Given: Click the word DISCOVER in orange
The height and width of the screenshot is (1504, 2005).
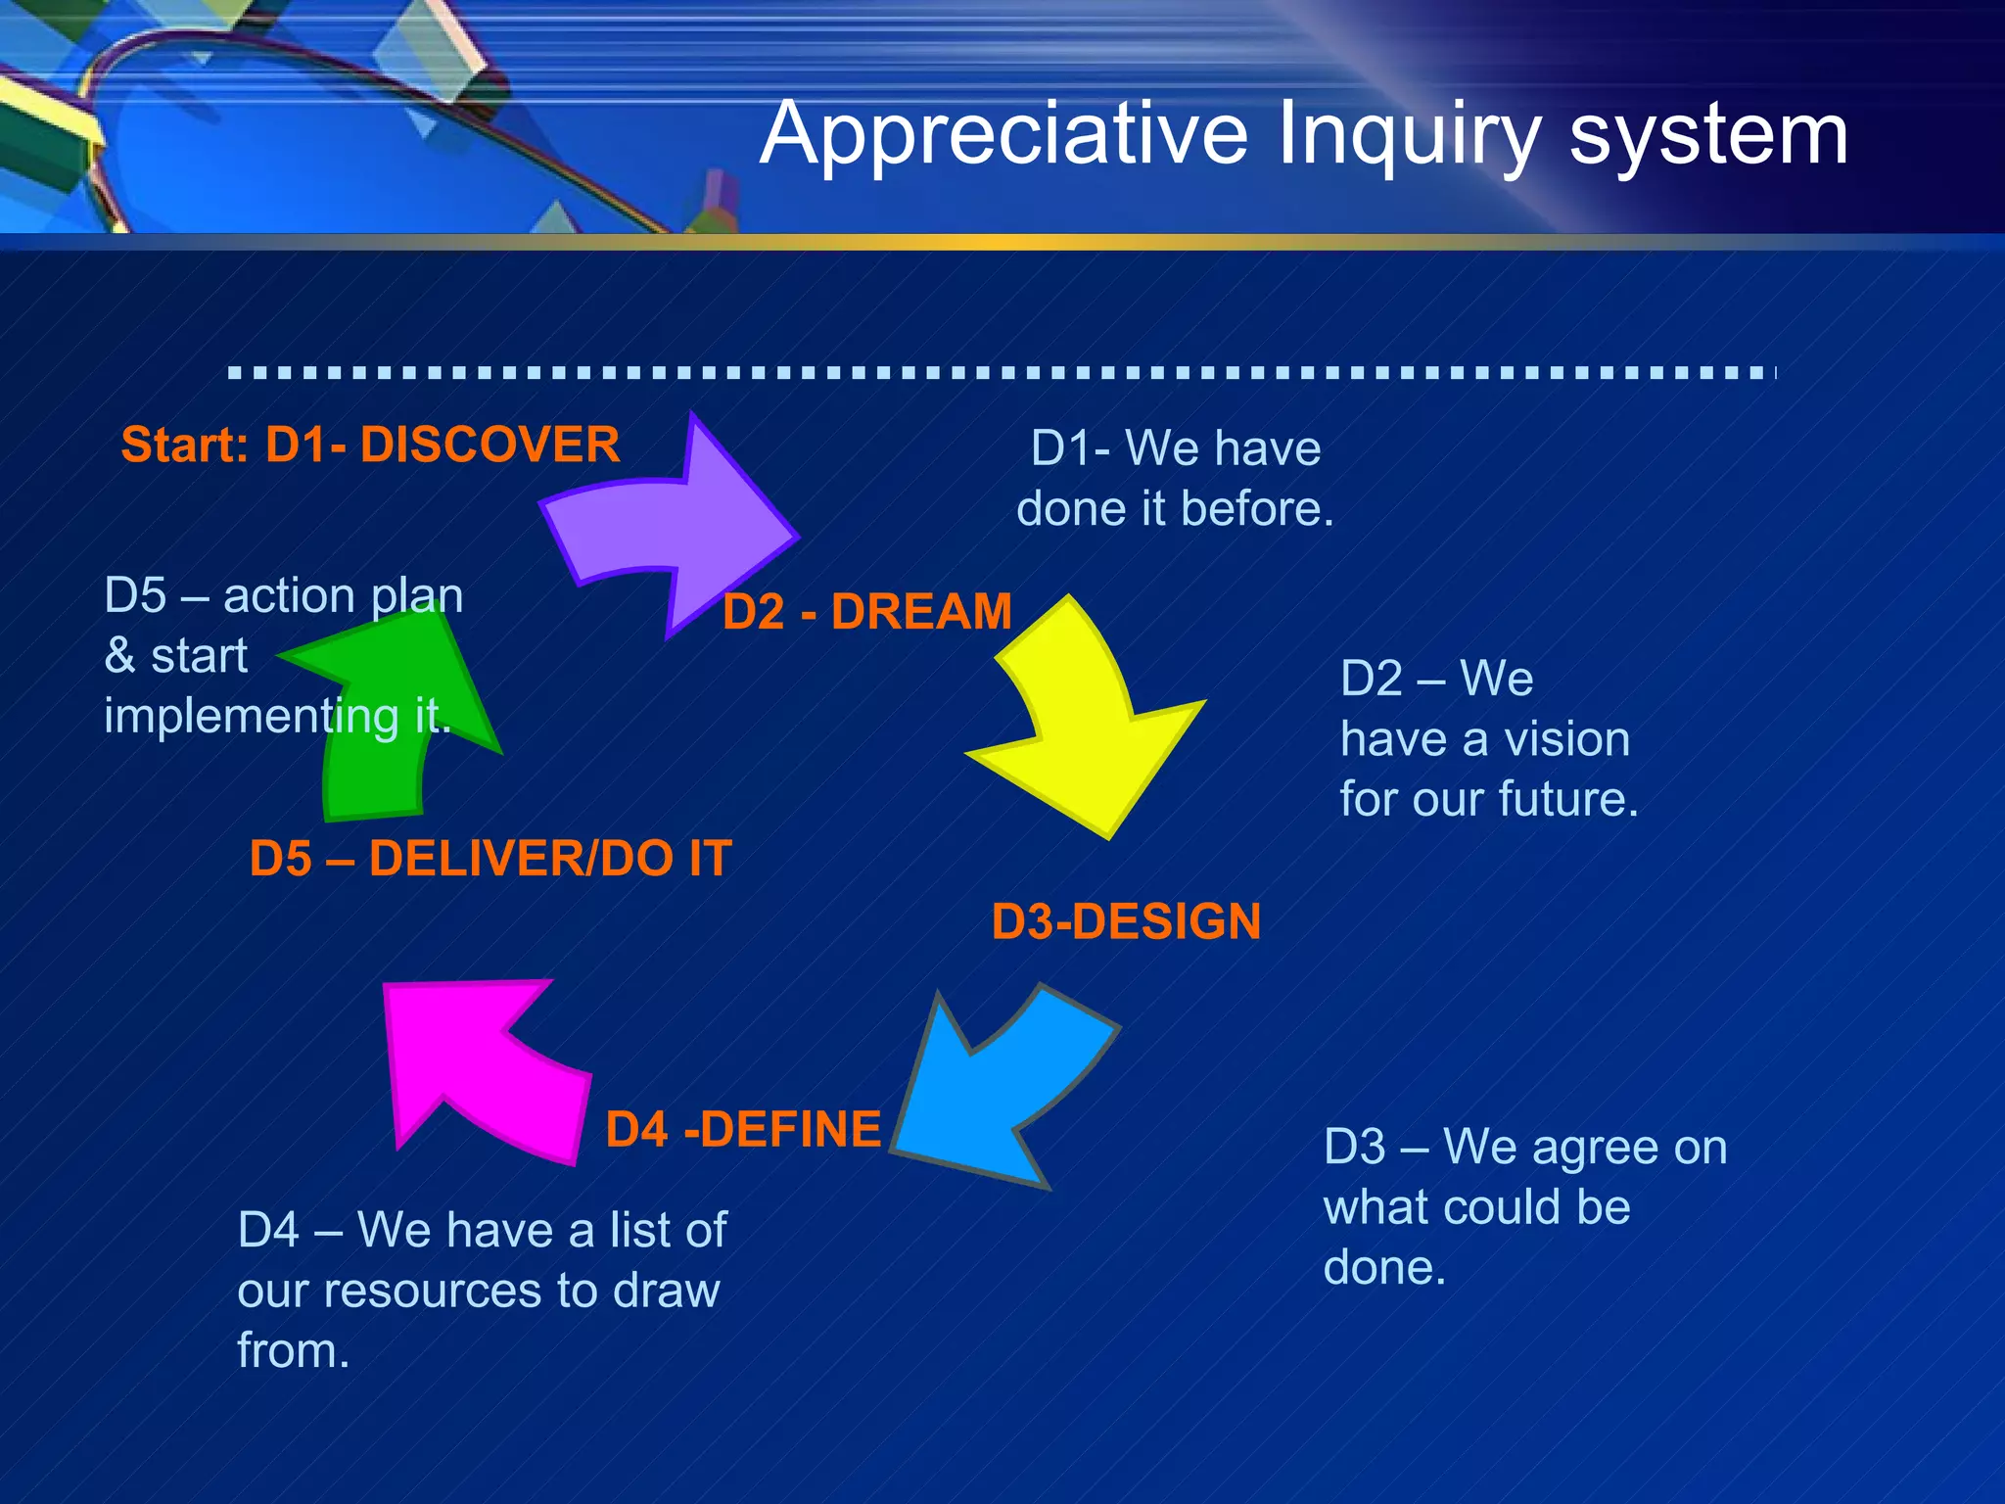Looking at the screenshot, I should point(490,446).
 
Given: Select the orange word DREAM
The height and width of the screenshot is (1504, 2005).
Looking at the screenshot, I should point(921,612).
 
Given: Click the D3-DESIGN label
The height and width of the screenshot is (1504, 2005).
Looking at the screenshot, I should point(1126,922).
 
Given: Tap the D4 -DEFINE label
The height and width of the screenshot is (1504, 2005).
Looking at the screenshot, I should point(743,1129).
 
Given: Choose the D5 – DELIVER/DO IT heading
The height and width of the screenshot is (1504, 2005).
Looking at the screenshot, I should point(490,859).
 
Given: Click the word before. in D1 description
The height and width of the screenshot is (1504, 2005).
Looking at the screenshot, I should point(1257,509).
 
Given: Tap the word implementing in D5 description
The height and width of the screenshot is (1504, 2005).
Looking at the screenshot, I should point(251,716).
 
